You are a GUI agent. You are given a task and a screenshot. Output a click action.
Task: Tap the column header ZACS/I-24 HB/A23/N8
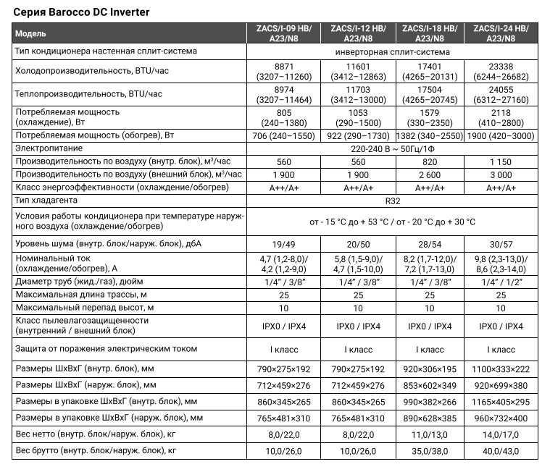click(x=501, y=34)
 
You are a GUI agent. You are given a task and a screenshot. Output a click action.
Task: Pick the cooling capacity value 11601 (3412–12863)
click(x=358, y=70)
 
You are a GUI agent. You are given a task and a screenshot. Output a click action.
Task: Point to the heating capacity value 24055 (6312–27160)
click(x=501, y=96)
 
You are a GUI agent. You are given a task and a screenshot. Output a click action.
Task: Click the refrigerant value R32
click(x=393, y=201)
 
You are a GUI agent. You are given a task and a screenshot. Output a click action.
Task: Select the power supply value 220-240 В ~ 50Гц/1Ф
click(x=393, y=148)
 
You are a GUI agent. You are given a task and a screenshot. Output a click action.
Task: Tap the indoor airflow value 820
click(x=430, y=161)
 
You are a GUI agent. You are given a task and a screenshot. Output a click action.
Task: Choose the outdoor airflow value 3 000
click(x=501, y=174)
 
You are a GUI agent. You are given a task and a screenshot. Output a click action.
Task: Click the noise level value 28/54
click(x=430, y=243)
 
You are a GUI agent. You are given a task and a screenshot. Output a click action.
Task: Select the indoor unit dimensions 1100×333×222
click(x=501, y=369)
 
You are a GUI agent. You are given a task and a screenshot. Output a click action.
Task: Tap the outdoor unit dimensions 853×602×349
click(x=430, y=385)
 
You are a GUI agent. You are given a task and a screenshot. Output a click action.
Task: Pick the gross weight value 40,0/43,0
click(x=501, y=451)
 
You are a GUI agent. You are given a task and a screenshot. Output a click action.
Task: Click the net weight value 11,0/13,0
click(x=430, y=434)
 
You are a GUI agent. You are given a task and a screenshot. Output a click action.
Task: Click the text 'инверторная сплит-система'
click(x=393, y=52)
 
